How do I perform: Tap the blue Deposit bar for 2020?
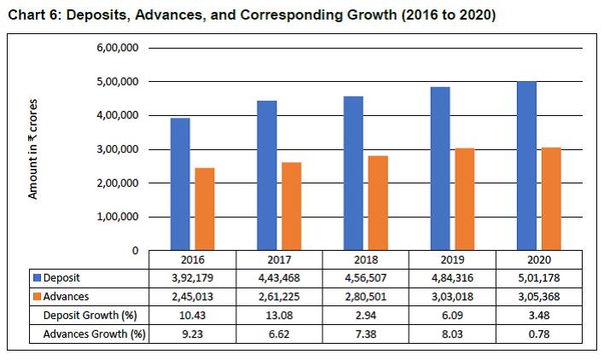tap(526, 165)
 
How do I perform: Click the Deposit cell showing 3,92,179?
tap(193, 277)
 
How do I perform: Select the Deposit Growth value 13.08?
tap(280, 315)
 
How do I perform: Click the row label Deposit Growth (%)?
tap(89, 315)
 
